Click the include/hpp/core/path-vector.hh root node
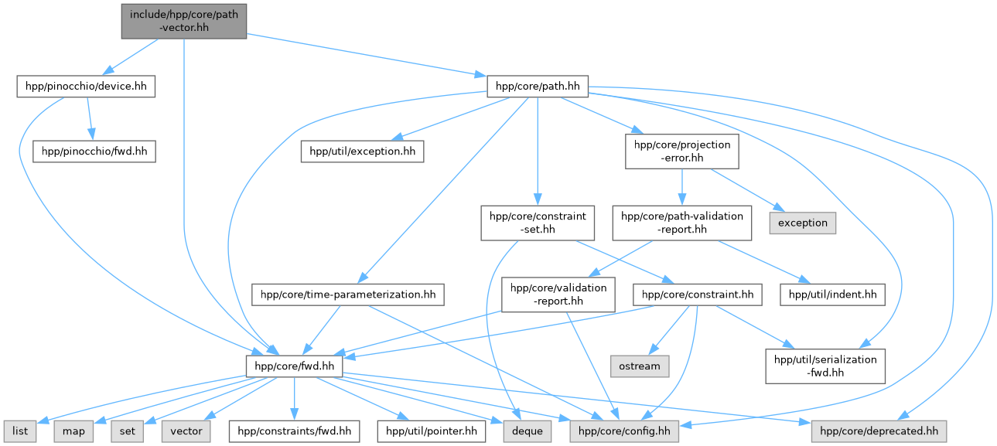point(184,21)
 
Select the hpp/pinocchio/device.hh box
point(86,86)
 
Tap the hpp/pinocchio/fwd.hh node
point(94,151)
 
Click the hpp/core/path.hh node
point(538,86)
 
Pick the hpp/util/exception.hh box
point(362,151)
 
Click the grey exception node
point(803,223)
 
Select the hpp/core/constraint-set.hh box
point(538,223)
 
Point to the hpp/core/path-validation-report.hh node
point(681,223)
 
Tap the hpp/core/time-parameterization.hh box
point(348,294)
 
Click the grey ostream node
point(640,365)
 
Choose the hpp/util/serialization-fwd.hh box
point(825,365)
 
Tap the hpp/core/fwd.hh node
point(294,365)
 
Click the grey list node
point(21,431)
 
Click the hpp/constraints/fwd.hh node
point(295,431)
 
